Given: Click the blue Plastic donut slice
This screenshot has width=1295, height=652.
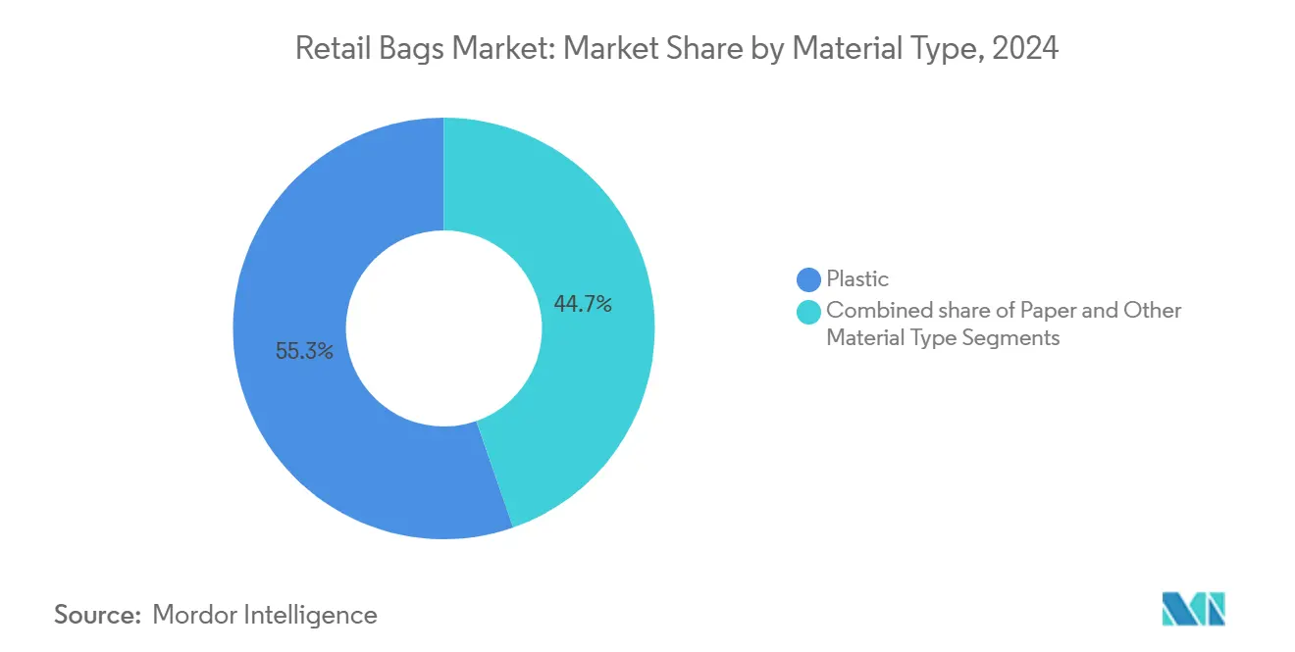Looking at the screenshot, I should pyautogui.click(x=294, y=412).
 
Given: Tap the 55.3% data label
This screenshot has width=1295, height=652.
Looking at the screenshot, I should pyautogui.click(x=304, y=351).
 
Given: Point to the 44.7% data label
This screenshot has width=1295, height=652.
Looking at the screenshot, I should pyautogui.click(x=583, y=305).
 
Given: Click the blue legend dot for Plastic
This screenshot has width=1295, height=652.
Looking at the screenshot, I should pyautogui.click(x=809, y=279).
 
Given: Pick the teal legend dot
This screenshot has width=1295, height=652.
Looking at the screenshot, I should pyautogui.click(x=809, y=312).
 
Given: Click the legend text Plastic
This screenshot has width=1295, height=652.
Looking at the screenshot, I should pyautogui.click(x=857, y=279).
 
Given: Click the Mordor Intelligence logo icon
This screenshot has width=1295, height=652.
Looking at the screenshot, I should pyautogui.click(x=1194, y=609).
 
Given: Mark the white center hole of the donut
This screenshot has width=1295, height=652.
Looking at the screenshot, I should pyautogui.click(x=443, y=328).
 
